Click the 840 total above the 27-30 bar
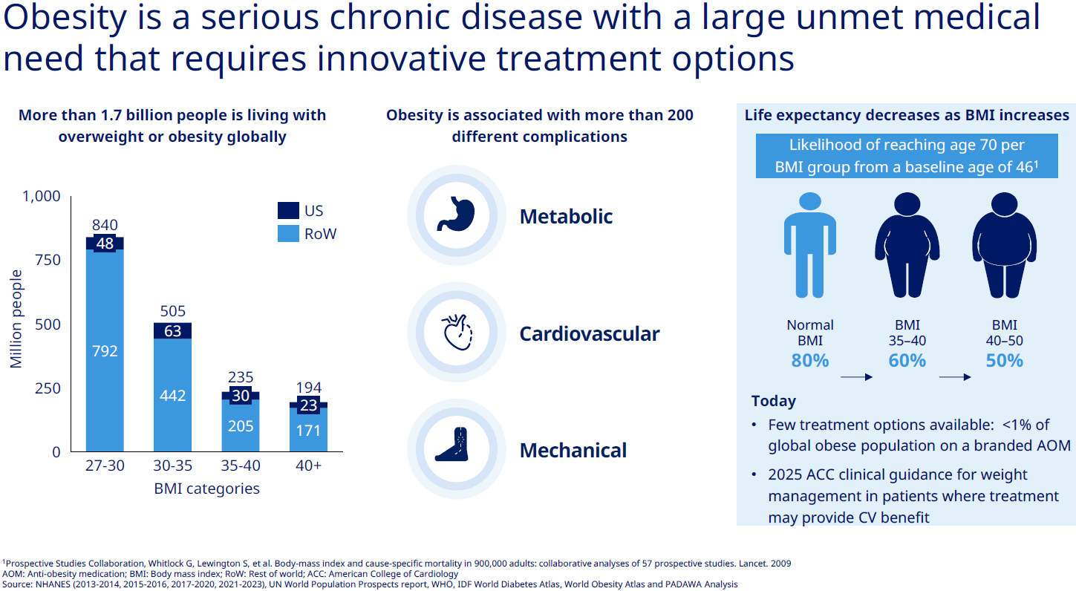click(x=105, y=225)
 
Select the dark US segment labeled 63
click(x=172, y=331)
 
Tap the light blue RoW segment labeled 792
click(x=105, y=351)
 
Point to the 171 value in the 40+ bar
click(x=308, y=430)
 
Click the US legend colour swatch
click(x=288, y=210)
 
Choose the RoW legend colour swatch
click(x=288, y=234)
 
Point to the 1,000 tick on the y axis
click(x=42, y=196)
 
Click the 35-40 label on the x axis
click(x=240, y=466)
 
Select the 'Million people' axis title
click(x=16, y=319)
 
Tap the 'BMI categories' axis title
click(x=206, y=489)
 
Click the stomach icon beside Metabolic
click(x=456, y=214)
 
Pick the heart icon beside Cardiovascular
click(x=457, y=332)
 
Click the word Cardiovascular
click(x=590, y=333)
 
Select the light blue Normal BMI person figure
click(x=810, y=245)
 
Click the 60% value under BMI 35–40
click(x=907, y=361)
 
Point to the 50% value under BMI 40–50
click(x=1005, y=361)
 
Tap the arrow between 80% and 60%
click(x=856, y=377)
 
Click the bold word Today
click(x=773, y=401)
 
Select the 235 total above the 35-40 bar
click(x=240, y=377)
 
